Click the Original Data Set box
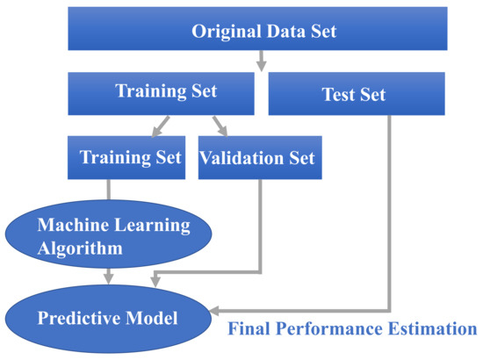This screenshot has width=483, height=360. [x=264, y=32]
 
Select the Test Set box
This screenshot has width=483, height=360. [x=353, y=94]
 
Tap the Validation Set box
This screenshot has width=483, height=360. [x=256, y=158]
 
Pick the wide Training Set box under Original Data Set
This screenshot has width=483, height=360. [x=165, y=92]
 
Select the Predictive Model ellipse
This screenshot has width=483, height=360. [x=107, y=315]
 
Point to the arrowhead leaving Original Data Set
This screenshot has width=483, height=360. [x=261, y=64]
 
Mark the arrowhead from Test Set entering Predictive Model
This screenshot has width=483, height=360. [x=215, y=310]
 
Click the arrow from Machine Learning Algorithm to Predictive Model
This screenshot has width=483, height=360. [x=109, y=274]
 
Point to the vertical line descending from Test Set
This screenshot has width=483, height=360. [x=389, y=211]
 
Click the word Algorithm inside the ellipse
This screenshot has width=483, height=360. [x=80, y=248]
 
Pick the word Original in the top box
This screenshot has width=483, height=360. [x=225, y=32]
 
